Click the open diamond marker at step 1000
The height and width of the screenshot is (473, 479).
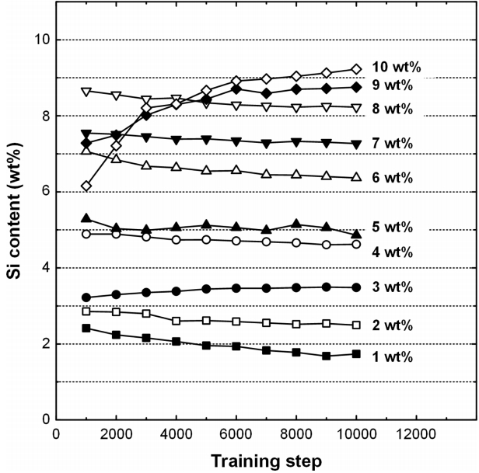pos(86,186)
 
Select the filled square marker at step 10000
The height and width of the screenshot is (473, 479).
pos(356,353)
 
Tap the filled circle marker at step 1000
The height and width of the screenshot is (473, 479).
pos(86,297)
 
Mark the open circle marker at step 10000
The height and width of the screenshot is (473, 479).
pos(356,244)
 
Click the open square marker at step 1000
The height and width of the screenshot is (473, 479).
pos(86,311)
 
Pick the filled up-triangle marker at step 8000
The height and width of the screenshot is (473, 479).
pos(296,224)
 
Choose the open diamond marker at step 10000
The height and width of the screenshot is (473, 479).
pos(356,69)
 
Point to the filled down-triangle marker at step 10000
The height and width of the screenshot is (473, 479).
pos(356,144)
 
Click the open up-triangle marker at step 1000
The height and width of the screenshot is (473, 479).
pos(86,150)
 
